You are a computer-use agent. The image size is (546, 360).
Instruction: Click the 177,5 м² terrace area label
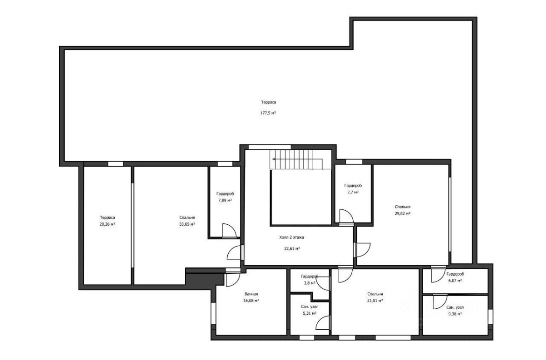268,113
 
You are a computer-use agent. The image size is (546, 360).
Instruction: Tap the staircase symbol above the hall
300,159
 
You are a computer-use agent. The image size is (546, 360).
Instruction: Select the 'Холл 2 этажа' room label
292,237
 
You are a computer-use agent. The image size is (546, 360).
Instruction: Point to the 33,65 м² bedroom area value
187,224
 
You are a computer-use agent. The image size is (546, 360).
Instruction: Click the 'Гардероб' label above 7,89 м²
225,194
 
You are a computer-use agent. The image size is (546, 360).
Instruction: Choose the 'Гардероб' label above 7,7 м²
353,186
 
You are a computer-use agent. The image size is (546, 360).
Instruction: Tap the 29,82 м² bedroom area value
402,214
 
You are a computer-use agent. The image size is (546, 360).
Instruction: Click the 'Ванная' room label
251,294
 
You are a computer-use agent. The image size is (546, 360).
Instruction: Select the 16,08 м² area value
251,300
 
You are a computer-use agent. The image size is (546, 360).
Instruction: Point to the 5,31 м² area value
309,313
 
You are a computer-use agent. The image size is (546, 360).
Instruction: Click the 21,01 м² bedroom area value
375,300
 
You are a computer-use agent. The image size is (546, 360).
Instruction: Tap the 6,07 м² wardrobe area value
455,280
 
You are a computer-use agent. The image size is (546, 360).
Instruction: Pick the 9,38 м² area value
455,314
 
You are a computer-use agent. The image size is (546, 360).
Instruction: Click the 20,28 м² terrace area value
107,224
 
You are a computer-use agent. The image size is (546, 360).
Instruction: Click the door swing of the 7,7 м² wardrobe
346,216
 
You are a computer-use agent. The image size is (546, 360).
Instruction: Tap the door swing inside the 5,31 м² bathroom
322,322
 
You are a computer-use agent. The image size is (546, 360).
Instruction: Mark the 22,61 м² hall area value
292,249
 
